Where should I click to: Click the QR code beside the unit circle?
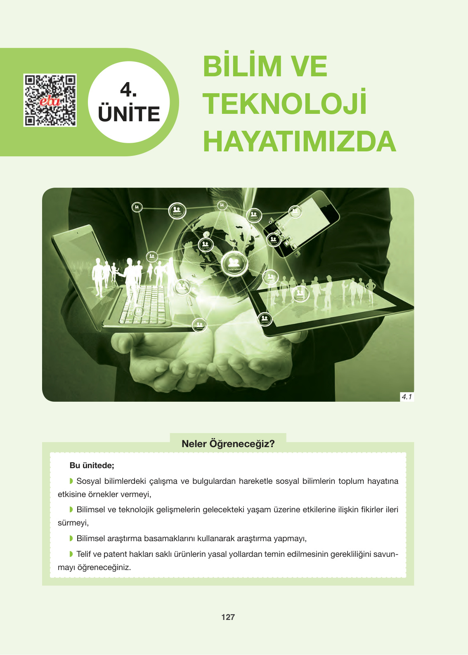[50, 100]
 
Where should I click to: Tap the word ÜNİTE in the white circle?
[129, 114]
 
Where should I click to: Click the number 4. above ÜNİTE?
[128, 90]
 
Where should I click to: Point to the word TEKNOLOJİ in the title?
[284, 104]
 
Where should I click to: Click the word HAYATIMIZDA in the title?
[299, 141]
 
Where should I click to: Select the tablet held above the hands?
[330, 303]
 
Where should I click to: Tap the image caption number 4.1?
[407, 397]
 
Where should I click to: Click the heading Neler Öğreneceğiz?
[228, 444]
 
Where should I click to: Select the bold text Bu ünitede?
[92, 465]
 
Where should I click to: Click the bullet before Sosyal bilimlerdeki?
[71, 481]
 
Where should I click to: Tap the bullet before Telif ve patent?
[71, 554]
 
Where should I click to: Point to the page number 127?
[228, 617]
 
